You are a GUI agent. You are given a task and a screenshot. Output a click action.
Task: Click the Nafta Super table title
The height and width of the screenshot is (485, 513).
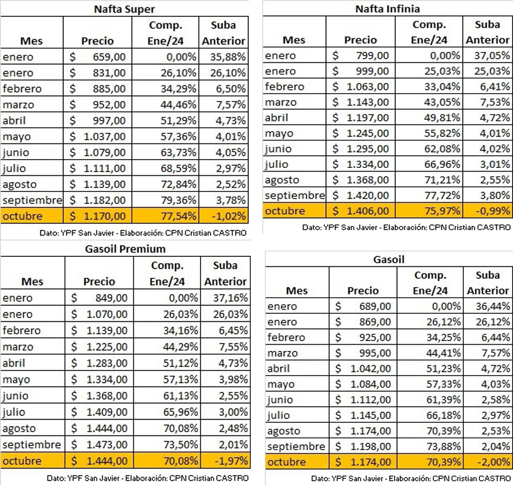click(124, 9)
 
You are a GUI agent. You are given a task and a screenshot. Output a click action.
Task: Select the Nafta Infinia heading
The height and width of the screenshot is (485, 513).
click(387, 8)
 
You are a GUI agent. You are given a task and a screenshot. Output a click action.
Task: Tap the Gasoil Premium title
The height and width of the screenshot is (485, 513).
click(125, 249)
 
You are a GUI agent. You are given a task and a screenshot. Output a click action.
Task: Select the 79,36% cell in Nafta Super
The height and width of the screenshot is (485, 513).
click(180, 200)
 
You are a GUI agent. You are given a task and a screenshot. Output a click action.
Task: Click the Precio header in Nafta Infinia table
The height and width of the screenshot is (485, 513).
click(360, 40)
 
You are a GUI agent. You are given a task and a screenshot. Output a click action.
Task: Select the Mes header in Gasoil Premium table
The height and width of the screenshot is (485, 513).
click(32, 281)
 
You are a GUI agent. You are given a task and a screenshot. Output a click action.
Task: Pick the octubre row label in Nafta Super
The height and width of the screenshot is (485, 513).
click(22, 216)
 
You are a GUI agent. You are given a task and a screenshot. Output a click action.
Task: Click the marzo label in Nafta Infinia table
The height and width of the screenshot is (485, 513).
click(281, 102)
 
